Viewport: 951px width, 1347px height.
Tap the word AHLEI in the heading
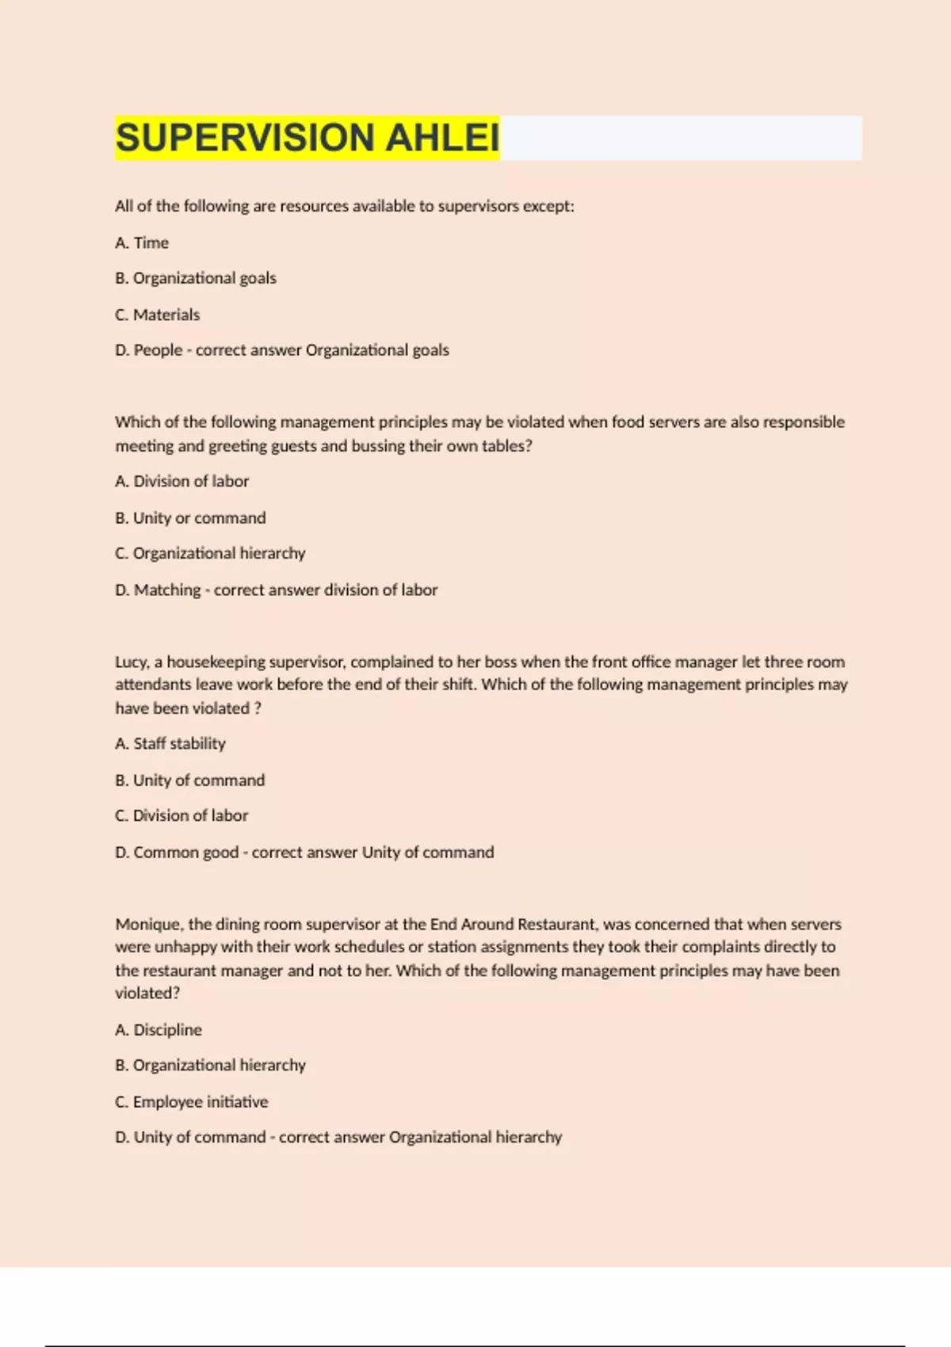click(442, 138)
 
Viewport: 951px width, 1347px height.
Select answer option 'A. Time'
click(142, 242)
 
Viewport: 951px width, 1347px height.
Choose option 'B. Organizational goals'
click(196, 278)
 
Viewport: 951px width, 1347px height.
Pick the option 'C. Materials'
click(157, 315)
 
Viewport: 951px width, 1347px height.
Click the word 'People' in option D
click(158, 350)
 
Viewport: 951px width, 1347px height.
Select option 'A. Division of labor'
click(181, 481)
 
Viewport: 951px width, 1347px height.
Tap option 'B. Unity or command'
click(190, 517)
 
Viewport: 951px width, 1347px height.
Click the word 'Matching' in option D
click(167, 590)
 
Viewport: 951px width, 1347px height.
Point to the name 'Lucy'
click(131, 662)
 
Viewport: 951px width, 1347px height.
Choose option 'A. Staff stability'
click(170, 743)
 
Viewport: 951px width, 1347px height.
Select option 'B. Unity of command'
click(190, 780)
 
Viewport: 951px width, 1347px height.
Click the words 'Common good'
click(185, 852)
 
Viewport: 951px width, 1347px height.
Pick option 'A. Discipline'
click(158, 1029)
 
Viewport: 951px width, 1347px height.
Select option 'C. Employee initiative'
click(192, 1101)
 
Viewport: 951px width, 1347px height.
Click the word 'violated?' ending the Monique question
click(147, 993)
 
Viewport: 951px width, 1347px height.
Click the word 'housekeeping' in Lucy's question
click(216, 662)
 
